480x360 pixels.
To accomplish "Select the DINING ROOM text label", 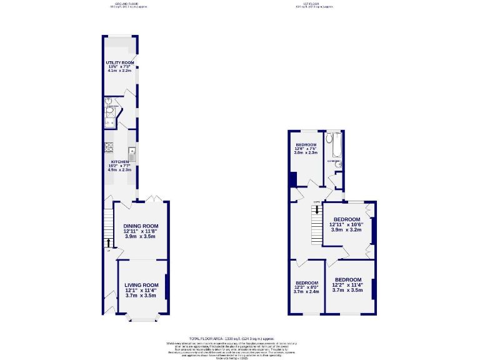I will click(141, 226).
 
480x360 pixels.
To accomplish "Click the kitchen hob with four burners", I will click(108, 148).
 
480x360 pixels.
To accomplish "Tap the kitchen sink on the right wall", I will click(132, 151).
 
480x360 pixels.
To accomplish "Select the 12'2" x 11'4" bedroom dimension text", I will click(347, 285).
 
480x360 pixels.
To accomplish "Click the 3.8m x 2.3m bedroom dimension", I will click(306, 152).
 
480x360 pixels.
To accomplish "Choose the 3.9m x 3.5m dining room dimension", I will click(141, 237).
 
